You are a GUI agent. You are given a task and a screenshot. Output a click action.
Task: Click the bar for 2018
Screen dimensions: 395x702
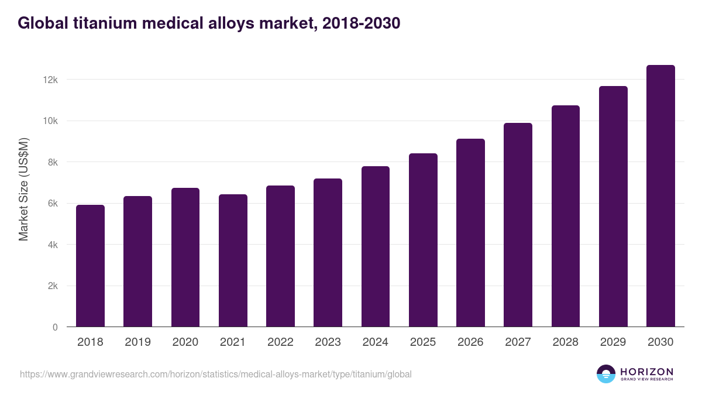[x=90, y=266]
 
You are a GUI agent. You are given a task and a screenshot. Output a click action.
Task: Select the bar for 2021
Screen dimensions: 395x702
[x=233, y=261]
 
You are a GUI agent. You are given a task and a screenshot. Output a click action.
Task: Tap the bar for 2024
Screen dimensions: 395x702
[x=376, y=247]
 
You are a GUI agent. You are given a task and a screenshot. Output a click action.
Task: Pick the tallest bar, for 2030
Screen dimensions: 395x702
[x=660, y=196]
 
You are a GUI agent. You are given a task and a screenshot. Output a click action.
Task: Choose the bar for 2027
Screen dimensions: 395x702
[x=518, y=225]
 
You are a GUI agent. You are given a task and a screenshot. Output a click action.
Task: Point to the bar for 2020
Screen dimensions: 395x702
[x=185, y=257]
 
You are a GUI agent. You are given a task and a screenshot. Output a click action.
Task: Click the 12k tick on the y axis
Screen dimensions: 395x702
[x=50, y=80]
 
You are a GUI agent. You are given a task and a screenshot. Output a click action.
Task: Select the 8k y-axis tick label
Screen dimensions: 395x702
[x=52, y=162]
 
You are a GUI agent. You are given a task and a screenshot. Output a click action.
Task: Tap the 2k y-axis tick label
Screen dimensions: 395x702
[x=52, y=286]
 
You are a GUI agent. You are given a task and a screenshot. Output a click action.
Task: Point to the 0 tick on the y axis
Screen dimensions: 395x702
[x=55, y=328]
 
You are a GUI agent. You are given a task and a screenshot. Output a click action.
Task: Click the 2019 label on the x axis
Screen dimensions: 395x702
[x=137, y=342]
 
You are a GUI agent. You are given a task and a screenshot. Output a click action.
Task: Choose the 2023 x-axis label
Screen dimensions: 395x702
[x=328, y=342]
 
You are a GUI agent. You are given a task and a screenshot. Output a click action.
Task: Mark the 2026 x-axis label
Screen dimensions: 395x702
[x=470, y=342]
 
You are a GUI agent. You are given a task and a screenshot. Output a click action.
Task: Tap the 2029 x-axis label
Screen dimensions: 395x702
[x=613, y=342]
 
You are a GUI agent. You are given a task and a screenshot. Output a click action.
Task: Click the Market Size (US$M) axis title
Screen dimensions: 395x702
[x=23, y=189]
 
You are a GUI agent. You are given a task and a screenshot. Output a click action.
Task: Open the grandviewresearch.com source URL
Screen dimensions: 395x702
[x=216, y=374]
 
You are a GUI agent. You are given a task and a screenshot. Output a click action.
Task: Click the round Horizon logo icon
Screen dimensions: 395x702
[x=606, y=374]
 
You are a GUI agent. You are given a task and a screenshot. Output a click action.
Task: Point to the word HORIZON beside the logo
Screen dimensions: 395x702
[x=646, y=371]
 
